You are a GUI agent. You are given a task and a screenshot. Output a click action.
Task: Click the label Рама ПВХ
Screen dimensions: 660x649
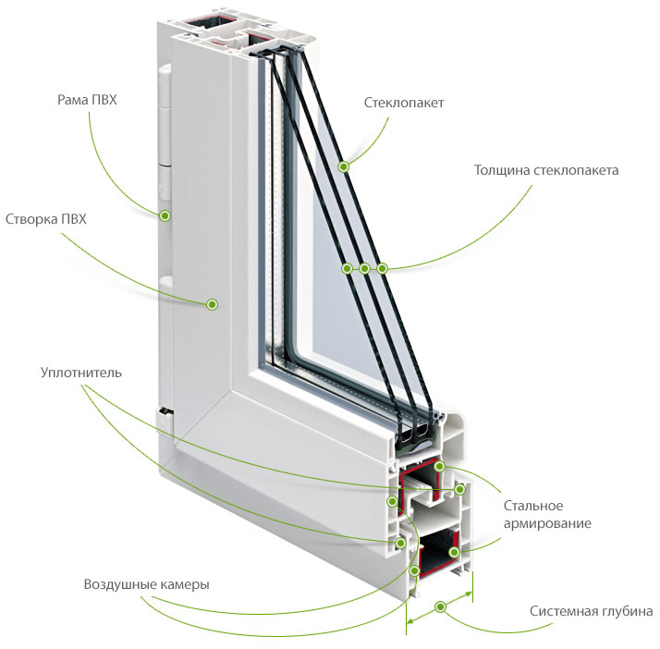point(87,100)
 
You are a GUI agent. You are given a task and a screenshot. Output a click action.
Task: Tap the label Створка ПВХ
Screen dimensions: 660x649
point(46,219)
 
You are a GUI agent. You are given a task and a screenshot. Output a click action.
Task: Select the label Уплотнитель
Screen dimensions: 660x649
point(81,373)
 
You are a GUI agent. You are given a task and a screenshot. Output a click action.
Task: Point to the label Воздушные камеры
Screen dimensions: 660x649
point(146,584)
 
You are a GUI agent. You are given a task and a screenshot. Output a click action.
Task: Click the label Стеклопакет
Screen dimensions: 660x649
point(404,103)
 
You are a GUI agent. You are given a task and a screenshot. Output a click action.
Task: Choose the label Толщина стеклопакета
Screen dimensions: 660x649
point(546,170)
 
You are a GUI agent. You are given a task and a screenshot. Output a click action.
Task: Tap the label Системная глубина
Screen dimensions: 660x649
point(591,611)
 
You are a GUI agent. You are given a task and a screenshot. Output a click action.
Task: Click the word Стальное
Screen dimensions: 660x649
point(533,506)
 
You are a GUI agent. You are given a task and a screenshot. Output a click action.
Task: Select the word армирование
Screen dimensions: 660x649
point(547,524)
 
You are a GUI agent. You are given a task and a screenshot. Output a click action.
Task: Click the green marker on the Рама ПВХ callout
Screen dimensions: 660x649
point(165,216)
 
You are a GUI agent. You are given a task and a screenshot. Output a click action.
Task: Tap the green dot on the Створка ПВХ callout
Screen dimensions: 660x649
point(213,304)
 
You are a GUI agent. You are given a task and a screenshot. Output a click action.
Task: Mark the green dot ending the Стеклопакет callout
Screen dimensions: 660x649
point(344,167)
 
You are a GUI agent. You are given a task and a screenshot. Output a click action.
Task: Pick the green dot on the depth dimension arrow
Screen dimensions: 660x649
point(441,606)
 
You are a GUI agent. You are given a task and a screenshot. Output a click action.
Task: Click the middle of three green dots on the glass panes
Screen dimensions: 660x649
point(364,268)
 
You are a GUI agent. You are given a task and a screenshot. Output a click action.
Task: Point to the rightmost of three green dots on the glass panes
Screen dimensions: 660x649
point(382,268)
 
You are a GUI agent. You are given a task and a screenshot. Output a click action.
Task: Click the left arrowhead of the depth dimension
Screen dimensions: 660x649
point(411,620)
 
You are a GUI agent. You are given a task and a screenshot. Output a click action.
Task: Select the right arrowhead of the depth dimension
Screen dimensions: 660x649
point(468,594)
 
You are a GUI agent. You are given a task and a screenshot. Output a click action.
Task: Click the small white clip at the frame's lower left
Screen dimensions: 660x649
point(165,419)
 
